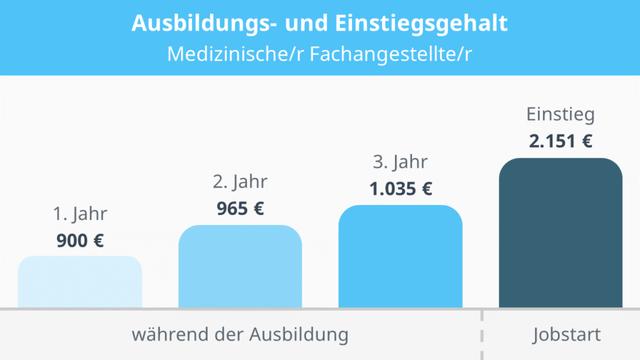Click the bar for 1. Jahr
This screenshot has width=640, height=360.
[x=80, y=282]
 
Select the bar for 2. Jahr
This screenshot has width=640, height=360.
[x=240, y=267]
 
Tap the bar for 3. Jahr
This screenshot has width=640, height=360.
[x=400, y=257]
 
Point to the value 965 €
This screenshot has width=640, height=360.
[x=240, y=208]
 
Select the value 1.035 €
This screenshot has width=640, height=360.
[x=400, y=187]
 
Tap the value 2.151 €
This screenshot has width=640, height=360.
[x=560, y=141]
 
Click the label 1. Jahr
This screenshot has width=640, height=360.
[x=80, y=213]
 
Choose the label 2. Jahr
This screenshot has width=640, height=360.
[x=240, y=182]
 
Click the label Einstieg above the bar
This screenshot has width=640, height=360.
[x=560, y=114]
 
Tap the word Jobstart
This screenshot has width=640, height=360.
[x=561, y=333]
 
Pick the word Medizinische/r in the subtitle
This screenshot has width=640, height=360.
[x=226, y=52]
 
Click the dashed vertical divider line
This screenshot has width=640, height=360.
[x=482, y=334]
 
